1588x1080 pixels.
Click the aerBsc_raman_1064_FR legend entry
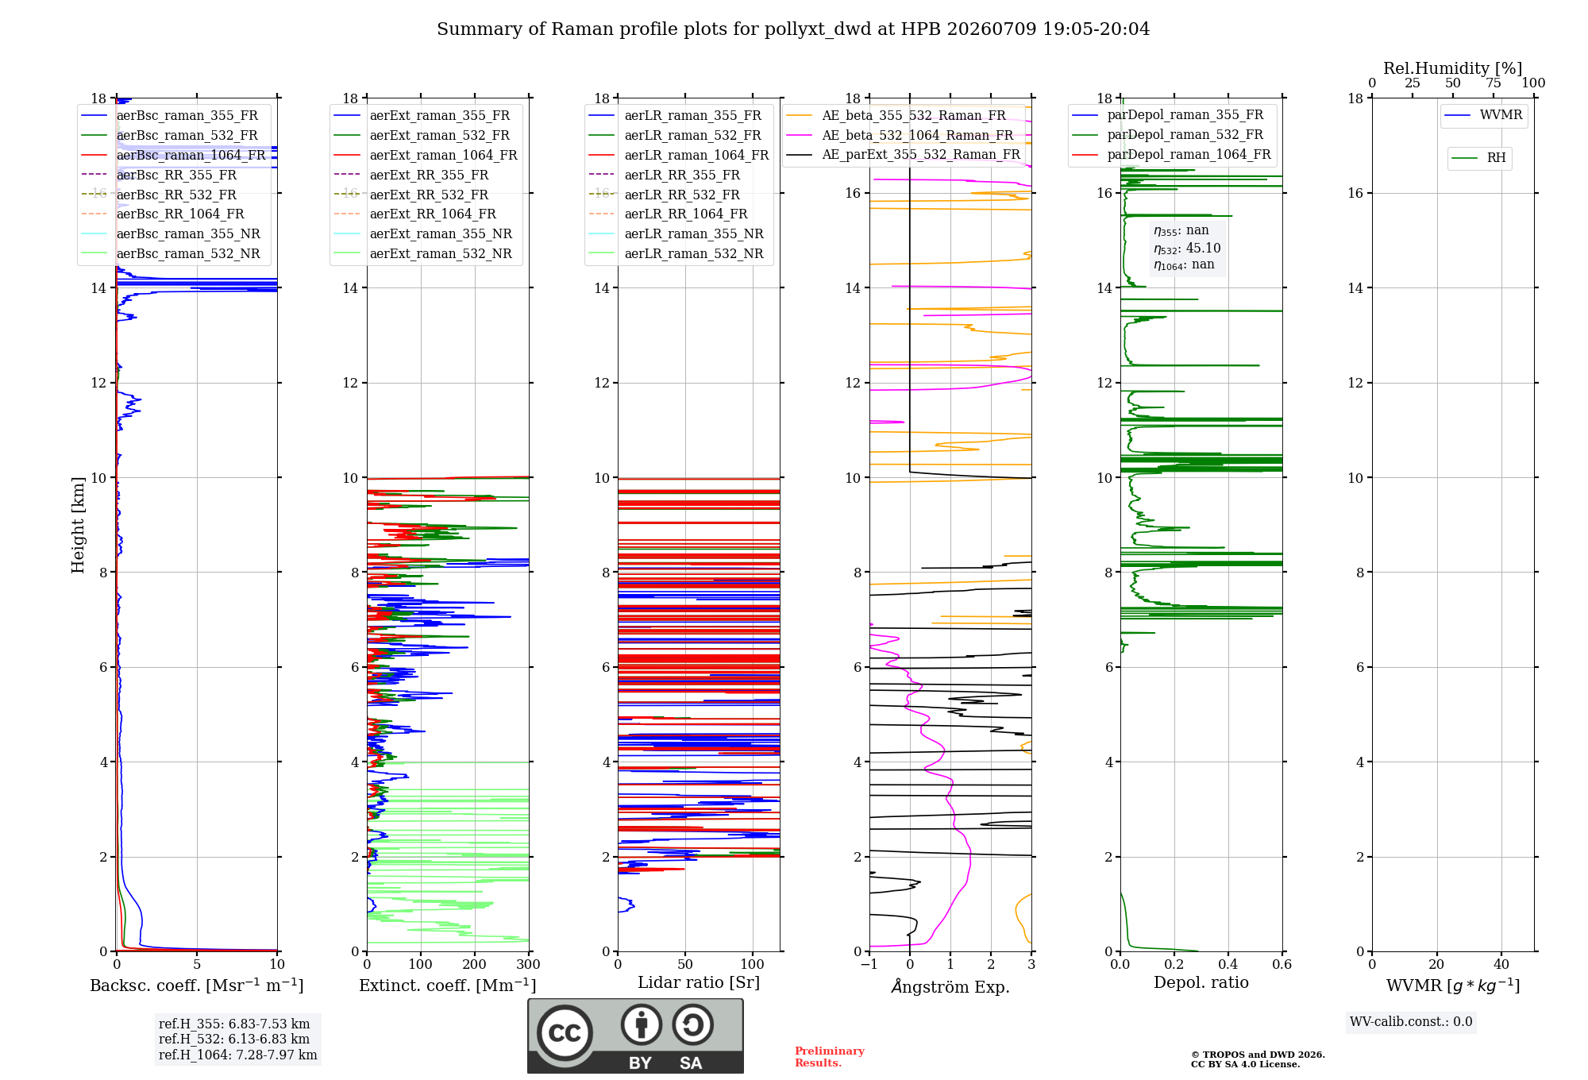click(x=174, y=155)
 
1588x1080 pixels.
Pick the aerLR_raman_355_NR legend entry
click(x=676, y=233)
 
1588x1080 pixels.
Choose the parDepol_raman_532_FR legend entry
click(x=1168, y=134)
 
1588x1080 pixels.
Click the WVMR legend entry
click(x=1484, y=115)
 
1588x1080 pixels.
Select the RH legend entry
click(x=1479, y=158)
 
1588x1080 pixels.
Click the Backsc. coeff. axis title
click(x=197, y=985)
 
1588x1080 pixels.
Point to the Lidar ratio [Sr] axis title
click(x=699, y=982)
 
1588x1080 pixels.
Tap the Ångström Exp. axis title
click(x=950, y=986)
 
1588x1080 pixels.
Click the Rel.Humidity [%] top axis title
click(x=1453, y=68)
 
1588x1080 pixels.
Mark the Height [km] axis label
click(x=78, y=525)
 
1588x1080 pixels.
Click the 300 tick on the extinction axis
click(x=529, y=964)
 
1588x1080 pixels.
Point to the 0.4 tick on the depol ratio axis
click(x=1228, y=964)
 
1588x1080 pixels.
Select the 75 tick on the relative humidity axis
click(x=1494, y=83)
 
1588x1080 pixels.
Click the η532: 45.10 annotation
click(x=1188, y=248)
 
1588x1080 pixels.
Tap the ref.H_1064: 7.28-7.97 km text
click(x=238, y=1055)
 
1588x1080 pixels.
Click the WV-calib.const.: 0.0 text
click(x=1411, y=1022)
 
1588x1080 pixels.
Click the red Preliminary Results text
click(x=830, y=1057)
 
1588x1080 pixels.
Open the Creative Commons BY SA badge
click(x=636, y=1036)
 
